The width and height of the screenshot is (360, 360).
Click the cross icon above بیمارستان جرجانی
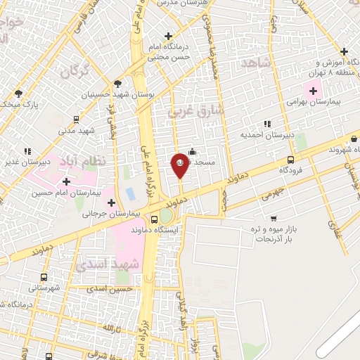pos(111,202)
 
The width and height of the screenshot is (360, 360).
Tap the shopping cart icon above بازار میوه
pos(272,219)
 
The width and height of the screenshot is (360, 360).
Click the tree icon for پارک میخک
pos(19,93)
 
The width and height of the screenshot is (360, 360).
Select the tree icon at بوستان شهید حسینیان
pos(118,82)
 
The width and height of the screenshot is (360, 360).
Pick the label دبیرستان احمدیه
pos(262,134)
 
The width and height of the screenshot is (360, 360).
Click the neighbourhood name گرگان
pos(75,72)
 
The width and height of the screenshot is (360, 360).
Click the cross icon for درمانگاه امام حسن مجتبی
pos(168,36)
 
